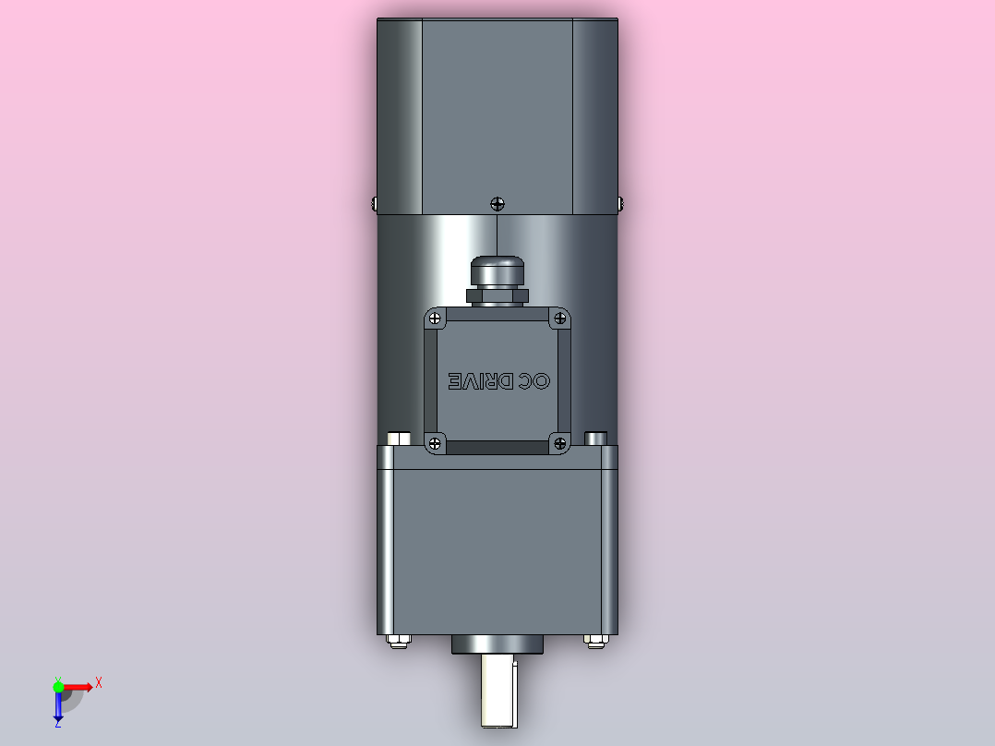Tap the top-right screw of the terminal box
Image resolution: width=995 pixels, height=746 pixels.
click(x=559, y=319)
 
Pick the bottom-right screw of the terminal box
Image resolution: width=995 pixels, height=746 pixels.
click(x=559, y=444)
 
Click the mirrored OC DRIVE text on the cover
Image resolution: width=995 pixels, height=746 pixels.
click(x=498, y=381)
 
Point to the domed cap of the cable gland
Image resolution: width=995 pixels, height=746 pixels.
click(x=497, y=271)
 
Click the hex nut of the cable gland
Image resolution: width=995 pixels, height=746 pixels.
click(x=497, y=295)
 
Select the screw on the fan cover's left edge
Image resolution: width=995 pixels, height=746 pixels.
click(x=374, y=201)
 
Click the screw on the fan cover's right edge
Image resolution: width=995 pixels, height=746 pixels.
click(x=619, y=201)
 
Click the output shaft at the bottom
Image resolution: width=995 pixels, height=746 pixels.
click(x=497, y=692)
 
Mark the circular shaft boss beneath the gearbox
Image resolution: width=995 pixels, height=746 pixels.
click(x=497, y=644)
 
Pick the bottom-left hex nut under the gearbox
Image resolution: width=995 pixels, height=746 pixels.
click(x=397, y=640)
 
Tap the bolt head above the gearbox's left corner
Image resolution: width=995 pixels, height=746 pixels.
click(x=399, y=438)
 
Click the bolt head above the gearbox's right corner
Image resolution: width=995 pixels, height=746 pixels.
click(x=596, y=438)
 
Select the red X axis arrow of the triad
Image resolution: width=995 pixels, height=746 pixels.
click(x=78, y=686)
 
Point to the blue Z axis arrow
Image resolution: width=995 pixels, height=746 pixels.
click(x=58, y=707)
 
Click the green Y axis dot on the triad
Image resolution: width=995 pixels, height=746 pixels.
click(x=58, y=686)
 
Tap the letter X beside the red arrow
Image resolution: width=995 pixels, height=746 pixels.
click(x=98, y=683)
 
